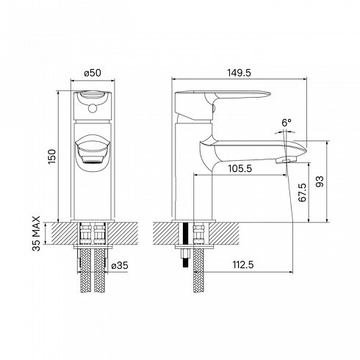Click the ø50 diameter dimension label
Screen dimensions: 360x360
(93, 73)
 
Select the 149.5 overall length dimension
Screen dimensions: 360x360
(239, 73)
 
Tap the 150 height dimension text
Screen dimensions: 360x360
(52, 156)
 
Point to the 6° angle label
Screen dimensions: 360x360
(287, 123)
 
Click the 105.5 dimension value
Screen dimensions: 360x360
(240, 169)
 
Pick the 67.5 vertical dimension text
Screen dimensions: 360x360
(303, 192)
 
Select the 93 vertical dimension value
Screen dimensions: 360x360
(320, 181)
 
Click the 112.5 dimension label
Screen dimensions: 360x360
(243, 264)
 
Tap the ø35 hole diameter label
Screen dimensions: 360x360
(120, 265)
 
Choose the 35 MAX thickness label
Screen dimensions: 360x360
(37, 234)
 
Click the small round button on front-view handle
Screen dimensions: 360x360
(93, 108)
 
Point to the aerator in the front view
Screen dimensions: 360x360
(93, 159)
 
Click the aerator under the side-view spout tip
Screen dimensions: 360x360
(286, 160)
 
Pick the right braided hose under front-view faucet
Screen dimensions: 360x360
(99, 270)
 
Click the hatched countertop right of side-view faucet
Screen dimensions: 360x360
(224, 234)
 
